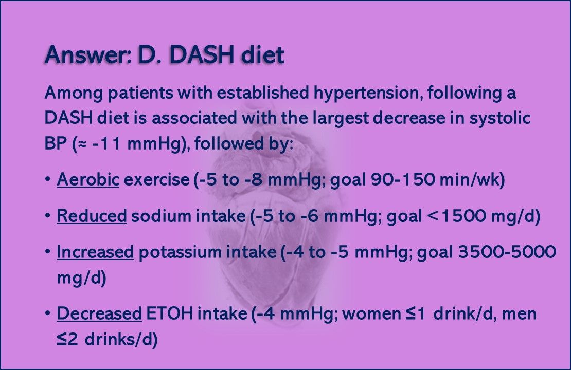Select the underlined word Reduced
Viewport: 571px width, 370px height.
click(92, 217)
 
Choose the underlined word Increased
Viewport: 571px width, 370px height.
click(95, 253)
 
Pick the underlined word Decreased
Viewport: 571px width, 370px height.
click(99, 313)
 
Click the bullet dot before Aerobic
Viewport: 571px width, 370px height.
click(47, 180)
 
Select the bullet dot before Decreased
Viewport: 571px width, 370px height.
click(47, 313)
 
